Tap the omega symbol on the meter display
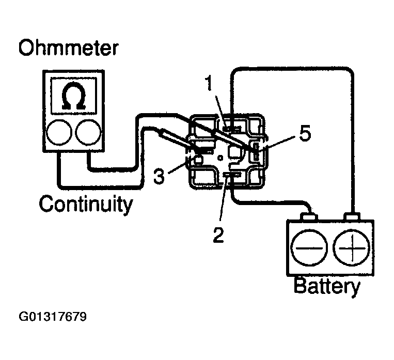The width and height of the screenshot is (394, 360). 73,96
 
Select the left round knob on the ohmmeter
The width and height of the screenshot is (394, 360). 59,132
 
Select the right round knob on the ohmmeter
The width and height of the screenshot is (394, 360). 88,132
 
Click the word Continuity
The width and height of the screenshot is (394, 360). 86,204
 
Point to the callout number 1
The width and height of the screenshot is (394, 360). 209,83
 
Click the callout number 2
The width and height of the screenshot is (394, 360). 218,234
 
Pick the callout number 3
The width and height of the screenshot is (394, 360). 159,176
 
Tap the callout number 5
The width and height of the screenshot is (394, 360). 305,133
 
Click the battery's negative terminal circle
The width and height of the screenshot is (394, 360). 309,247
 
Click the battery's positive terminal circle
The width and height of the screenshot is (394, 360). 352,247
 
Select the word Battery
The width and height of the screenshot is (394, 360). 327,286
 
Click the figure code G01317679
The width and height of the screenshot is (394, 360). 53,317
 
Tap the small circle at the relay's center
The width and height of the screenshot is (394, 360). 220,158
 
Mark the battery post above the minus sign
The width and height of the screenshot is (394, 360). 309,217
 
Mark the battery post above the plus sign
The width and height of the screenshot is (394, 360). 352,217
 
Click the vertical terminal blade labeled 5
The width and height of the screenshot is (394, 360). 256,151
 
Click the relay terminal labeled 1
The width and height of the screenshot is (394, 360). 232,129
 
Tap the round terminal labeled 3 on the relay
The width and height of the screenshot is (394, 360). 198,160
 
